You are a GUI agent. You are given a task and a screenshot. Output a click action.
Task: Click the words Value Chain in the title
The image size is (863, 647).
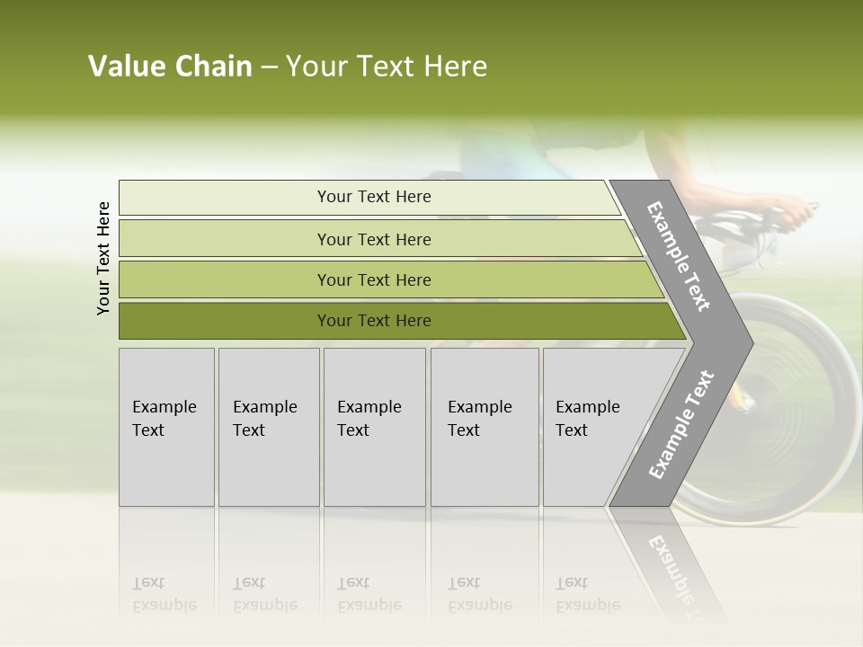pyautogui.click(x=170, y=66)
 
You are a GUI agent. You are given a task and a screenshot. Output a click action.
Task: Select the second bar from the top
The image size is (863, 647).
pyautogui.click(x=374, y=239)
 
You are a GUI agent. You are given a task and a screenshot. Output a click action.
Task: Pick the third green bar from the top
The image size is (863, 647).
pyautogui.click(x=374, y=279)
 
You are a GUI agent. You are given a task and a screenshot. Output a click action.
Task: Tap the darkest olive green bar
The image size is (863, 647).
pyautogui.click(x=374, y=321)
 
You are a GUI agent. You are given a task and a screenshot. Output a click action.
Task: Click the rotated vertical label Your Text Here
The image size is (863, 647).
pyautogui.click(x=103, y=258)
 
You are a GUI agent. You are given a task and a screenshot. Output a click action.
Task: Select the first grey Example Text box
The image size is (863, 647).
pyautogui.click(x=166, y=426)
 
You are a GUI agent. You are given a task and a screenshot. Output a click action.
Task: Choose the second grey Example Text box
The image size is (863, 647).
pyautogui.click(x=269, y=426)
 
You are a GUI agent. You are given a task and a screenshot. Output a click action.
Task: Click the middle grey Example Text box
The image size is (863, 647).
pyautogui.click(x=374, y=426)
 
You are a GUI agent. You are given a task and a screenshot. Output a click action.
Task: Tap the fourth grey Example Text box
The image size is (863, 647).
pyautogui.click(x=485, y=426)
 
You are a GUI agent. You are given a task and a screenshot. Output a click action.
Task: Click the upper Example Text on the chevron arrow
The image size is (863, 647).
pyautogui.click(x=680, y=256)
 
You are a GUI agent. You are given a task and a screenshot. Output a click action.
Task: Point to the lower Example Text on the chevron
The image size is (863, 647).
pyautogui.click(x=681, y=424)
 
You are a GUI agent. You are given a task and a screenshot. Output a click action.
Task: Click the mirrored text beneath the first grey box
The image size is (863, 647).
pyautogui.click(x=164, y=594)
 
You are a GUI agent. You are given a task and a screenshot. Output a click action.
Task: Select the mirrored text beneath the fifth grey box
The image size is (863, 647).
pyautogui.click(x=588, y=594)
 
